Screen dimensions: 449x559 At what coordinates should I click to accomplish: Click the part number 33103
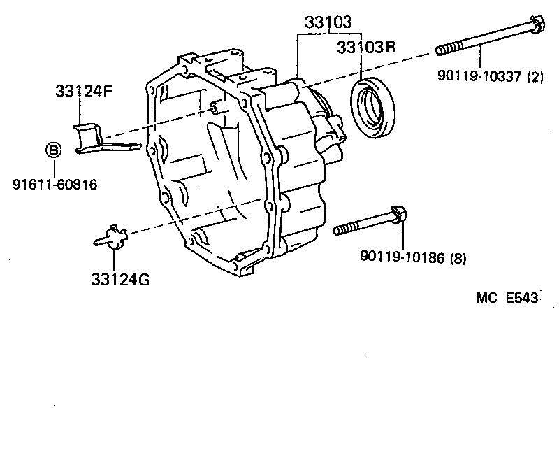pos(328,23)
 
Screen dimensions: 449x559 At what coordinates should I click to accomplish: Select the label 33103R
pos(365,48)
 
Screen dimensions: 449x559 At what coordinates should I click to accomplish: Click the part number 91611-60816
pos(55,185)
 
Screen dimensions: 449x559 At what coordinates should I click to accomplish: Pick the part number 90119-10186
pos(403,257)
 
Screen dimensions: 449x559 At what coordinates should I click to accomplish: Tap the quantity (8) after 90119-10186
pos(458,257)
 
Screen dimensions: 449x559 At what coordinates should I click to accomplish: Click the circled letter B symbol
pos(53,149)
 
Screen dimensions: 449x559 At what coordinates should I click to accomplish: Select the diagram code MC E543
pos(507,298)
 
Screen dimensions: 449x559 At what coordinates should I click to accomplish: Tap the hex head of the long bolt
pos(537,25)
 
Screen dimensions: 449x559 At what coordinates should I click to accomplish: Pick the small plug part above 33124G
pos(112,237)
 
